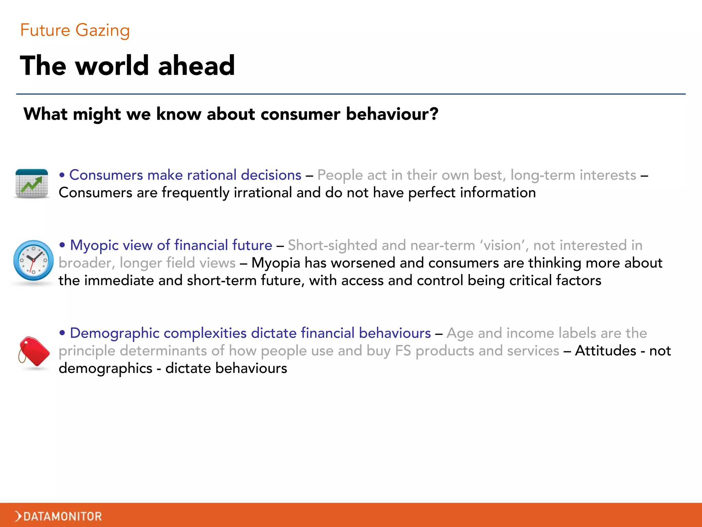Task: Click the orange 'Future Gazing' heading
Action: point(75,30)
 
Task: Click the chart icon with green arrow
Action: point(32,184)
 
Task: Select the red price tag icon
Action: point(34,352)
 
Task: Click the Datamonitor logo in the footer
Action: point(59,516)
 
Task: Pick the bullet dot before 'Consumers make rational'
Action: point(62,175)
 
